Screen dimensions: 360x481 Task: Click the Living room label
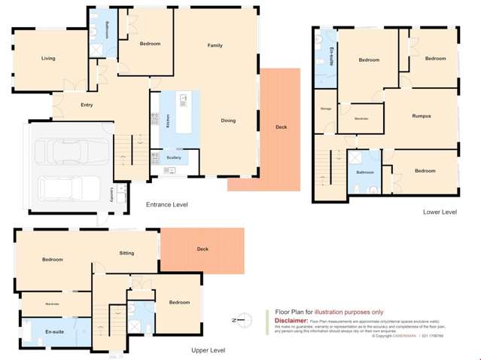coord(48,58)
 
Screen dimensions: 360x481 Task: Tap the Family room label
coord(215,46)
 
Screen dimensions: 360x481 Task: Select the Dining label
coord(228,121)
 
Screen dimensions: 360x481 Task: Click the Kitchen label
coord(167,121)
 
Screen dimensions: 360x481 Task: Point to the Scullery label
coord(174,157)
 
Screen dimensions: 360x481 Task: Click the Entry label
coord(87,105)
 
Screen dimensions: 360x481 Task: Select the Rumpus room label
coord(421,116)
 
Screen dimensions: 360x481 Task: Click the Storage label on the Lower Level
coord(326,109)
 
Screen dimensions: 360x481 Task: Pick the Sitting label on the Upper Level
coord(126,253)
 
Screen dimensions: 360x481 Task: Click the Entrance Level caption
coord(167,204)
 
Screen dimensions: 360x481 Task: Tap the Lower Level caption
coord(440,212)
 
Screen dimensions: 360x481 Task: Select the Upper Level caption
coord(208,350)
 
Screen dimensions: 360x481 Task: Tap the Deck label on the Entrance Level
coord(281,127)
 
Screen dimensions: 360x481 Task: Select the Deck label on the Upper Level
coord(202,249)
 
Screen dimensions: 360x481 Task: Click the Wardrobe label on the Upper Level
coord(52,304)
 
